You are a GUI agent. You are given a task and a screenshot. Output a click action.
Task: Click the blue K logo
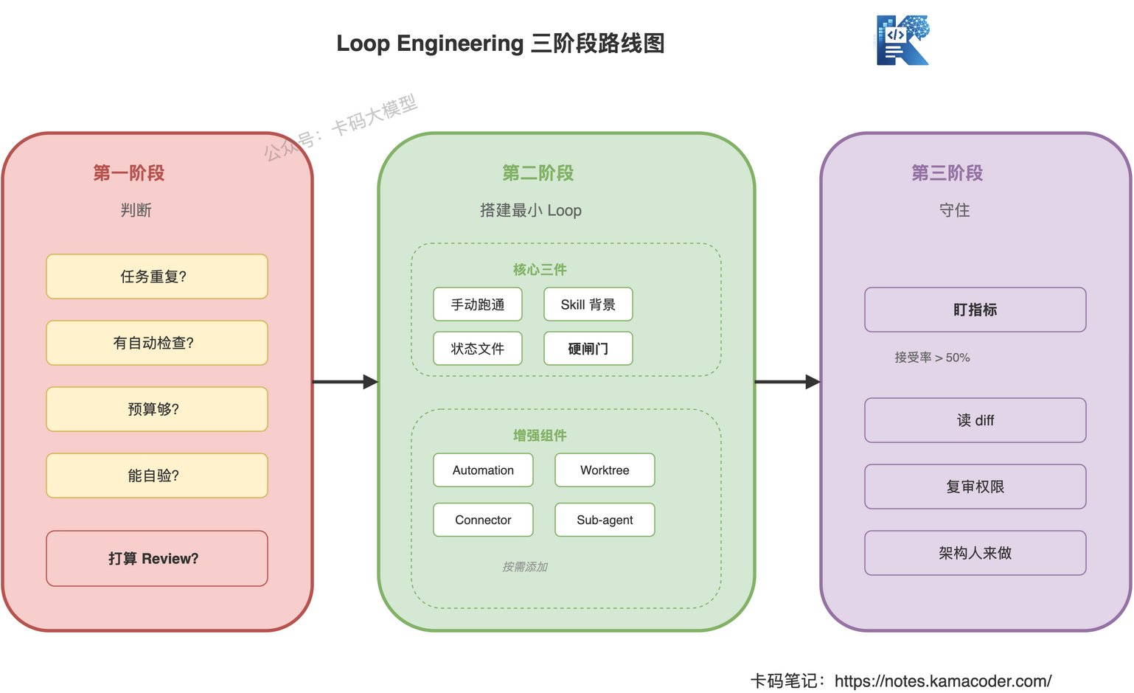902,40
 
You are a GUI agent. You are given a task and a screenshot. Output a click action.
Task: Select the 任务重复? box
157,276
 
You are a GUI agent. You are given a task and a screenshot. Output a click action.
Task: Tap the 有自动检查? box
157,343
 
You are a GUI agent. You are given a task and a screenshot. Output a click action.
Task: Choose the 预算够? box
157,409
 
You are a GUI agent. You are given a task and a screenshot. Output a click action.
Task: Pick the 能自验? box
157,476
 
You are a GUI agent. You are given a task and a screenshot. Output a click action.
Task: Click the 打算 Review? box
157,558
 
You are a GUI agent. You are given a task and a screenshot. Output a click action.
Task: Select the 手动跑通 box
477,304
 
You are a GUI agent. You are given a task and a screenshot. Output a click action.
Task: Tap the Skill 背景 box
588,304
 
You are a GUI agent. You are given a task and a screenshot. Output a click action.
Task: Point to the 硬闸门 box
588,348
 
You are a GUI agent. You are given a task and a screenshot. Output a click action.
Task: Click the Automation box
483,470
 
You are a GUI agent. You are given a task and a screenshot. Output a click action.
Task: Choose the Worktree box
605,470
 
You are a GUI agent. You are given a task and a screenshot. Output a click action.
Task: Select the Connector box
483,519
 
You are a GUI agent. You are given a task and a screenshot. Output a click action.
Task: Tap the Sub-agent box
605,519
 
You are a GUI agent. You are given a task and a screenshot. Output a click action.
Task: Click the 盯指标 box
975,310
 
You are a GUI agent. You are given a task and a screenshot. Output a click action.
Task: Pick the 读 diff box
975,420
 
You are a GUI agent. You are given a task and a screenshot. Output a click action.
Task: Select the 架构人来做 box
975,553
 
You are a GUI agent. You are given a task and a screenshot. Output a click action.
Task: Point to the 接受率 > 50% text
932,358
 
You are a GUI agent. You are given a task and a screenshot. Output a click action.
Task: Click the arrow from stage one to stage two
345,382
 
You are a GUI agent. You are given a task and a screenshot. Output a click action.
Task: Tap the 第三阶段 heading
947,173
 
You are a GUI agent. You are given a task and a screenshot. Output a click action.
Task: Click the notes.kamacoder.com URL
942,681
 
